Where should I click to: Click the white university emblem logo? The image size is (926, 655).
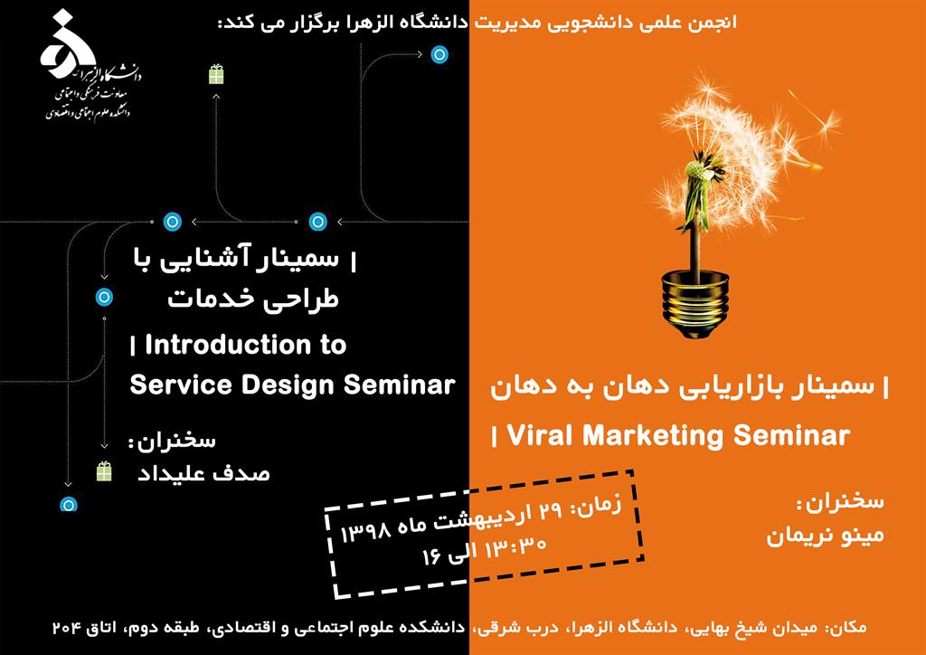pyautogui.click(x=68, y=43)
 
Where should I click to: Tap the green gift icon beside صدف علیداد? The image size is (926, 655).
pyautogui.click(x=104, y=471)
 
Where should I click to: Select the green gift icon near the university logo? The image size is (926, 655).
pyautogui.click(x=216, y=74)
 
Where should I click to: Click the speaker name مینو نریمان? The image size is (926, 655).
pyautogui.click(x=826, y=535)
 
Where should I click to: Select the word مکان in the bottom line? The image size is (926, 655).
pyautogui.click(x=846, y=626)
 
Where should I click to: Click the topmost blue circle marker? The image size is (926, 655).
pyautogui.click(x=439, y=55)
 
